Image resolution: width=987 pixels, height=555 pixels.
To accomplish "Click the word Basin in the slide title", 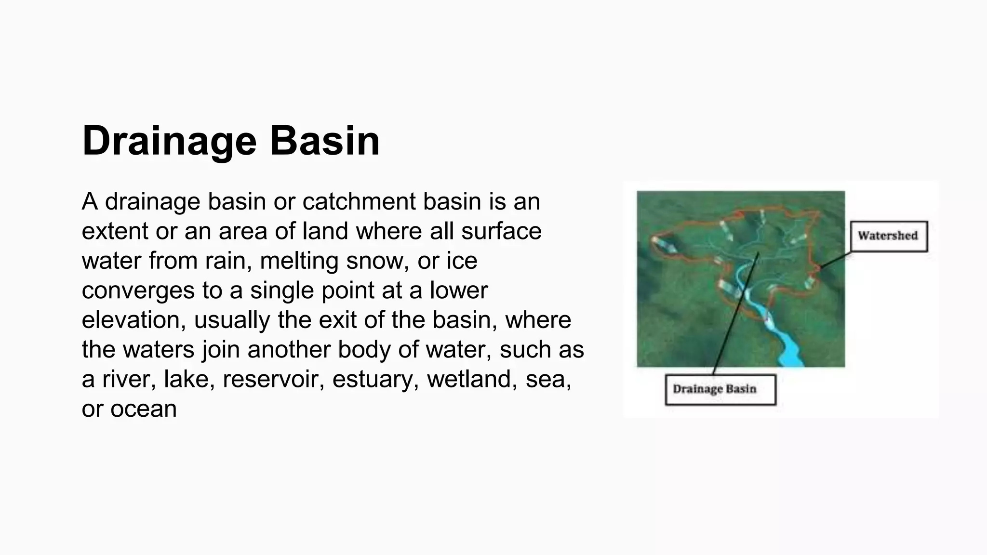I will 324,141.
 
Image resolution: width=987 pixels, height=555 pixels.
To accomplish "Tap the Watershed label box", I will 888,236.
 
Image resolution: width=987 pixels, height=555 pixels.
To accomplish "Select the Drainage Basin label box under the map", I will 720,389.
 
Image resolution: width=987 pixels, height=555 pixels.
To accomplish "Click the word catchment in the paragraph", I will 359,201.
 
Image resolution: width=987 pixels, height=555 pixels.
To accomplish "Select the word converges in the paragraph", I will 138,291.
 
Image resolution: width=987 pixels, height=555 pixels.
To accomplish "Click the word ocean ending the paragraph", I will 143,409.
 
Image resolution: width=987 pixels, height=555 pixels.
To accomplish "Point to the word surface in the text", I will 501,231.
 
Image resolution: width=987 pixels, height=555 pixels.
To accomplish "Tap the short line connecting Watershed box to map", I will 835,260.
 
